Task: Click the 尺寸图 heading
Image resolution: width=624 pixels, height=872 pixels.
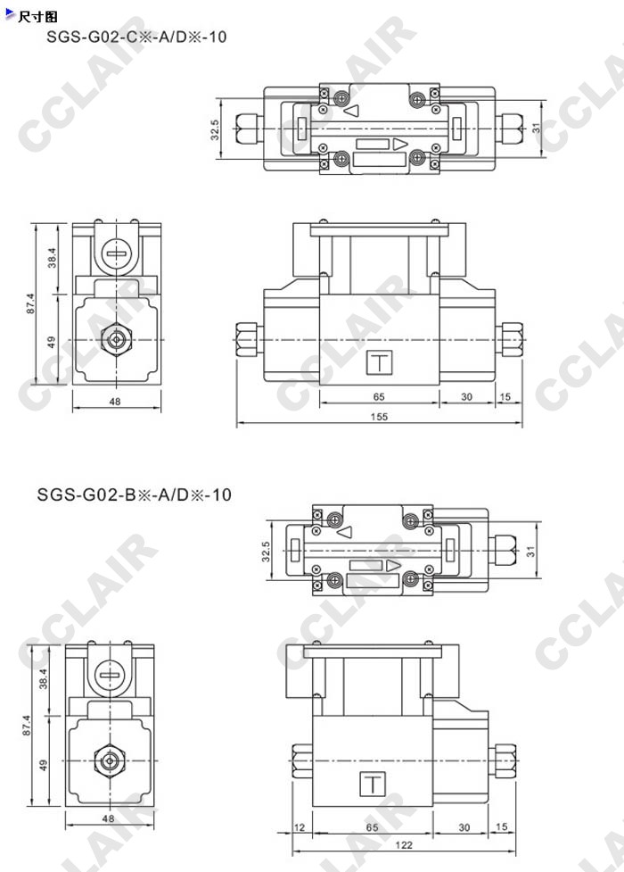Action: [37, 17]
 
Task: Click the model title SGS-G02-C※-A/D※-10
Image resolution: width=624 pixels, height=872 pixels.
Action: [136, 37]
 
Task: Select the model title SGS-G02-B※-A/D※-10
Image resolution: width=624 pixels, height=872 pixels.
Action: [134, 494]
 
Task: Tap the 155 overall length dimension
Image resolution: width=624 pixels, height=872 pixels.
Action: [379, 417]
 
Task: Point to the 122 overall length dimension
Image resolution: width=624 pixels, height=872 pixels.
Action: [404, 844]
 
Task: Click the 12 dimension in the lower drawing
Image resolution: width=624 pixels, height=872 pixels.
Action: [300, 827]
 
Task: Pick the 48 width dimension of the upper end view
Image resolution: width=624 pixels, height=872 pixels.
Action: [115, 401]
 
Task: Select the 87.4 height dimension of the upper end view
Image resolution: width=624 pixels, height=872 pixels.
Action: [30, 303]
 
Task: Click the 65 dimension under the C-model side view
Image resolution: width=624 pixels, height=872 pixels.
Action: [379, 396]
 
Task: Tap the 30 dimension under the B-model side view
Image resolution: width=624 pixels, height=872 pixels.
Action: [464, 827]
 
